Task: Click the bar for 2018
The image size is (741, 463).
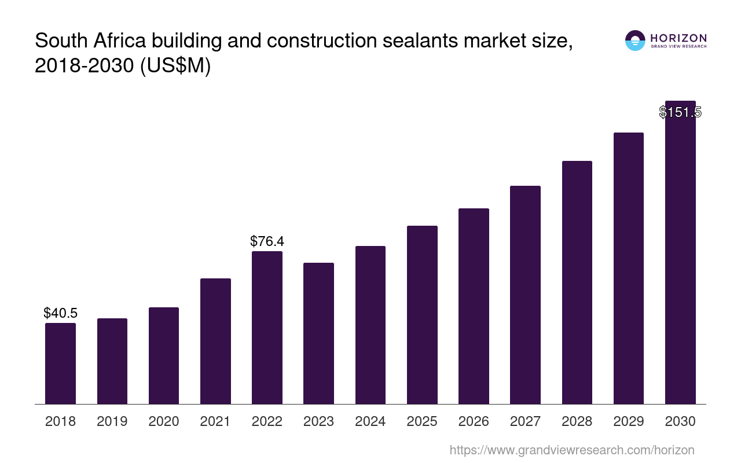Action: click(60, 363)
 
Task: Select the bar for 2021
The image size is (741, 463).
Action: click(215, 341)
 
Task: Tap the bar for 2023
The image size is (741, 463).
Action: click(318, 333)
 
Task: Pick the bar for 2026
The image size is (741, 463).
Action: click(474, 306)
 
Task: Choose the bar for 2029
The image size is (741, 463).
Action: click(628, 268)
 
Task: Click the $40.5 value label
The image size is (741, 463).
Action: click(60, 313)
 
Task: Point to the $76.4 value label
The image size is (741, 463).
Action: click(267, 241)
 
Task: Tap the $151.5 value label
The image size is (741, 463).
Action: click(680, 112)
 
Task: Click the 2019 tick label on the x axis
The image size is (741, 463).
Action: click(112, 421)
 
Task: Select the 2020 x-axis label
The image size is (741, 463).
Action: click(164, 421)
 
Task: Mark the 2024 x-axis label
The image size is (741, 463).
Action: click(370, 421)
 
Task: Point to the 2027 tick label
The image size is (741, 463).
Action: click(525, 421)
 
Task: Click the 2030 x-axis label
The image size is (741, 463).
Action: click(680, 421)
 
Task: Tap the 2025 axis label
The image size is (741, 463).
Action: click(422, 421)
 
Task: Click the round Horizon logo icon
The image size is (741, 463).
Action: click(635, 41)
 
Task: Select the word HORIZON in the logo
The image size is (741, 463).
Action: click(678, 38)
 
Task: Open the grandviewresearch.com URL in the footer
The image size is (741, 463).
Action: click(571, 450)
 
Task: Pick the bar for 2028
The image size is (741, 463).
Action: click(577, 282)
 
